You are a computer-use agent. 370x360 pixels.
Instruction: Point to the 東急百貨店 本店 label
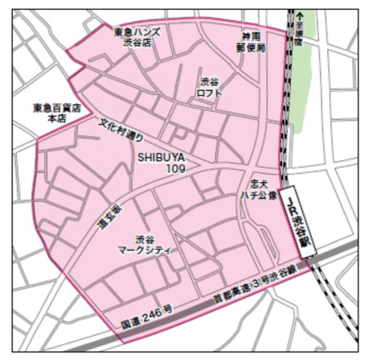(57, 113)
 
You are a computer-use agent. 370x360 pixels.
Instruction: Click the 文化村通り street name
(122, 130)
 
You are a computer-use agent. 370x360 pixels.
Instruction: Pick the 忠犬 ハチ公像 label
(260, 189)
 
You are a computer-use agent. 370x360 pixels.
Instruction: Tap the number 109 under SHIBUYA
(175, 168)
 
